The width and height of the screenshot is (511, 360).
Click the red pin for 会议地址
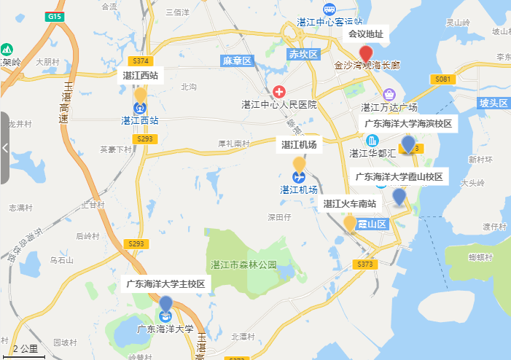point(366,53)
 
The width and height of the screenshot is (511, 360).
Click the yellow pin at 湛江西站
point(140,95)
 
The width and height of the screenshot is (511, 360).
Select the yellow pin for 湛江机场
point(299,165)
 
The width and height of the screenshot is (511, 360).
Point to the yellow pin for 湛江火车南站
point(350,223)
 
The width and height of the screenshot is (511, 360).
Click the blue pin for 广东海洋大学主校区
point(166,303)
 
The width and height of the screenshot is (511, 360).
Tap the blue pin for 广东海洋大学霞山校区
point(399,196)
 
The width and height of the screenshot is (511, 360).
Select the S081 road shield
point(443,78)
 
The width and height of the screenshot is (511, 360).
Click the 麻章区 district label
point(237,60)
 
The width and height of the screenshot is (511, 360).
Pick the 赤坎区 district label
point(304,55)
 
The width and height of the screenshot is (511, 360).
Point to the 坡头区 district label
point(494,103)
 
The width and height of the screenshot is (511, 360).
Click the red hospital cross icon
point(279,92)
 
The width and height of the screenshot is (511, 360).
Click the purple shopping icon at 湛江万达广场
point(389,94)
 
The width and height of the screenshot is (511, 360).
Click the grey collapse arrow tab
point(4,148)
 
